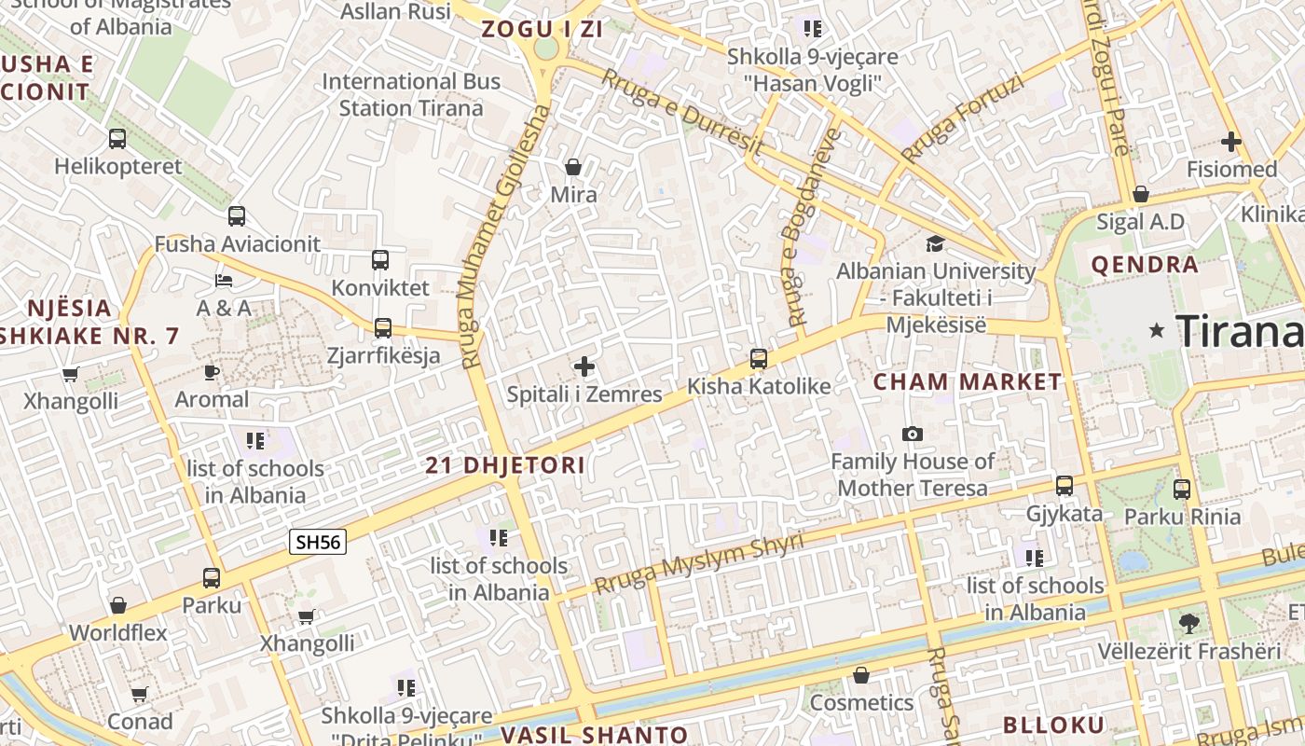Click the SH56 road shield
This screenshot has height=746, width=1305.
pyautogui.click(x=318, y=542)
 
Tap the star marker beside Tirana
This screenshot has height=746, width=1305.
pyautogui.click(x=1157, y=330)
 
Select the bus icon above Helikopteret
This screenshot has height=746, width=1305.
pyautogui.click(x=117, y=139)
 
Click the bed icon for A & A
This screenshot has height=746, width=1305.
pyautogui.click(x=224, y=280)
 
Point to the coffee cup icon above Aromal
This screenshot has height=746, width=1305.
pyautogui.click(x=212, y=372)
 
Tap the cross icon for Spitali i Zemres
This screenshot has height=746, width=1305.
pyautogui.click(x=584, y=366)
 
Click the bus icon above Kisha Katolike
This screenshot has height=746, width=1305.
pyautogui.click(x=759, y=359)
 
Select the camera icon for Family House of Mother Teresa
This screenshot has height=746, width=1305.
pyautogui.click(x=913, y=435)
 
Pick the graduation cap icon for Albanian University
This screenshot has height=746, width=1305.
pyautogui.click(x=935, y=244)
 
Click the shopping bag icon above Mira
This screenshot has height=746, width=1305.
pyautogui.click(x=573, y=167)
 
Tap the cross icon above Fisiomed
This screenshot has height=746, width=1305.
pyautogui.click(x=1231, y=142)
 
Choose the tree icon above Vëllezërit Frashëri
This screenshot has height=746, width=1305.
pyautogui.click(x=1188, y=623)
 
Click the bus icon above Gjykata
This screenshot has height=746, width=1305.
pyautogui.click(x=1065, y=486)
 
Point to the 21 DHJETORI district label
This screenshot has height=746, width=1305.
pyautogui.click(x=505, y=465)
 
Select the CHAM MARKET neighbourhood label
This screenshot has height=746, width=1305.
pyautogui.click(x=967, y=381)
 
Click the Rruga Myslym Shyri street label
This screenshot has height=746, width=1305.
pyautogui.click(x=699, y=563)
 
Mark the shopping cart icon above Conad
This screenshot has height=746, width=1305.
pyautogui.click(x=140, y=694)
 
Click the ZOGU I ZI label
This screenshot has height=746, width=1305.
pyautogui.click(x=542, y=29)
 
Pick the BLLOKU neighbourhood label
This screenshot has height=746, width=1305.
pyautogui.click(x=1053, y=725)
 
